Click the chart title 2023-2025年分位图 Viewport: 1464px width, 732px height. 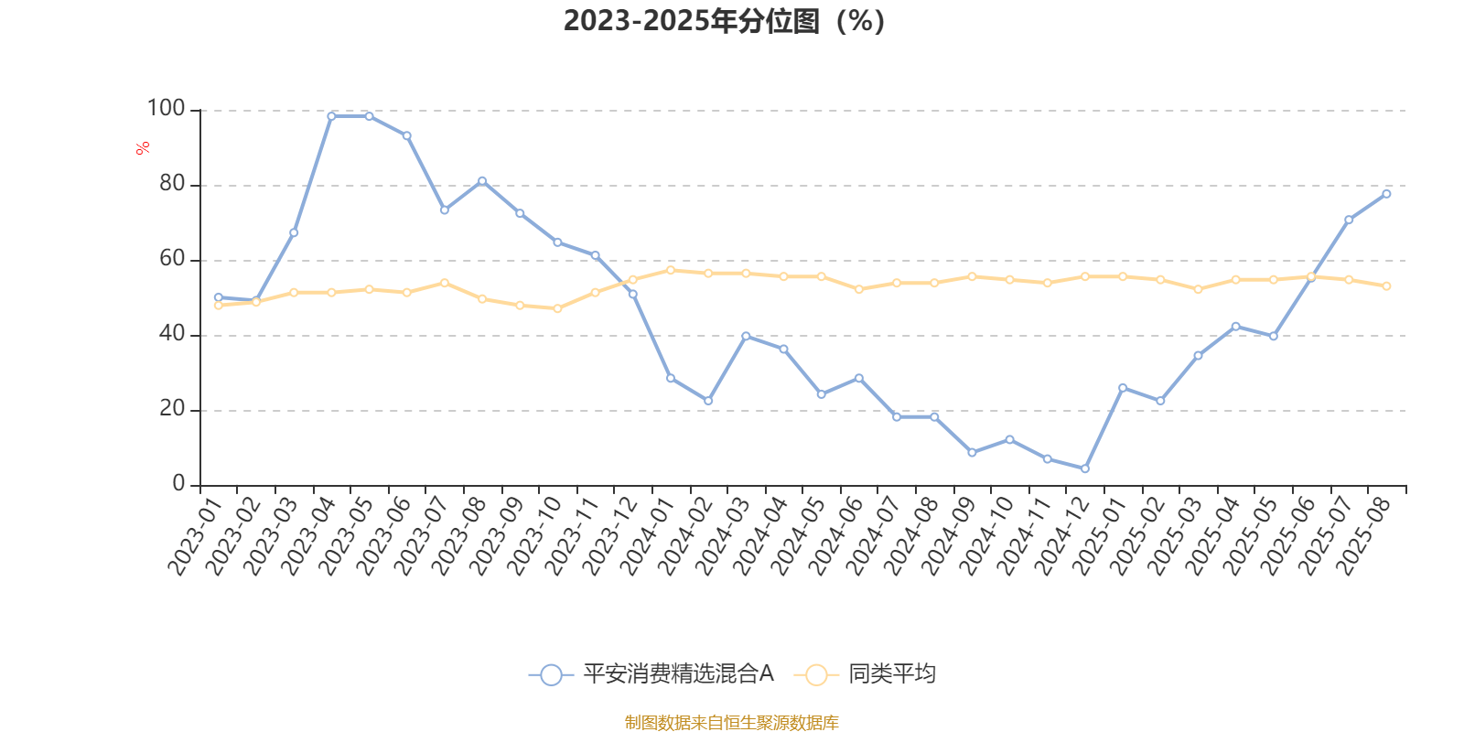[x=724, y=20]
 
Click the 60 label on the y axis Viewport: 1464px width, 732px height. [x=171, y=259]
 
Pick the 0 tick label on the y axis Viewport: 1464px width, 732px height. [x=178, y=484]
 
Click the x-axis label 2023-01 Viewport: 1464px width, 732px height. [x=196, y=536]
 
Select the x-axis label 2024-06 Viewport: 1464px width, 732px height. [x=835, y=536]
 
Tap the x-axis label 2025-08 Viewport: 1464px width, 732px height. [x=1363, y=536]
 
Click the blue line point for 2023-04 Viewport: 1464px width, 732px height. [x=331, y=116]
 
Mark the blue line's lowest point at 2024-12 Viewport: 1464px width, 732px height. [x=1085, y=468]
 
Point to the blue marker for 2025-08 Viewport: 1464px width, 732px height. [x=1386, y=194]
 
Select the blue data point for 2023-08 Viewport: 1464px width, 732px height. [x=482, y=181]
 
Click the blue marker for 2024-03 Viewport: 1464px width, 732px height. [x=746, y=337]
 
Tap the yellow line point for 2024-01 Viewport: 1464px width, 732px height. [x=671, y=270]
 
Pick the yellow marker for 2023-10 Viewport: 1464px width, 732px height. [x=557, y=308]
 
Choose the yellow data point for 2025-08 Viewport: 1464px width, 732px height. [x=1386, y=286]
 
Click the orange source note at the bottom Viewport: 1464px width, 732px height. [x=731, y=723]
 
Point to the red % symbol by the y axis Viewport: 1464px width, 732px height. [x=142, y=148]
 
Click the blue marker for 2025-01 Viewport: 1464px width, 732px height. [x=1123, y=388]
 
